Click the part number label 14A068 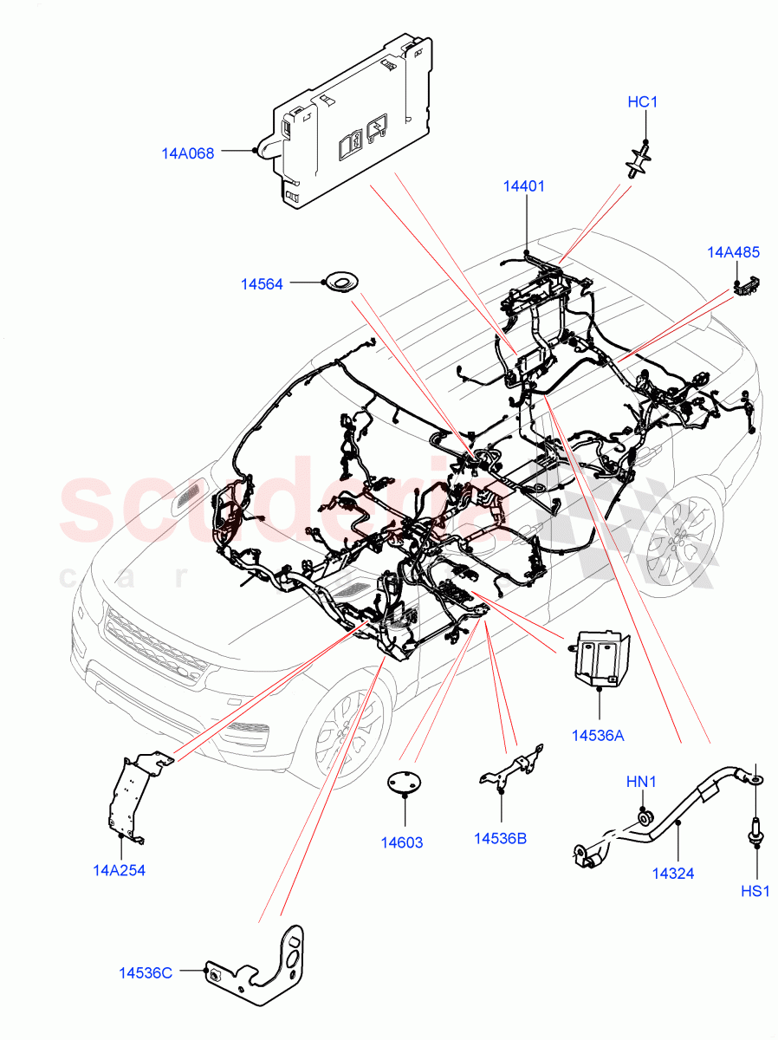click(187, 154)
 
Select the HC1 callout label click(642, 102)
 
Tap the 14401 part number click(525, 185)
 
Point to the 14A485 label click(733, 253)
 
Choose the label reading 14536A click(598, 736)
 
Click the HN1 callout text click(642, 783)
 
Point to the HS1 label click(755, 892)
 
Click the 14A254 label click(119, 870)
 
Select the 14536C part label click(146, 973)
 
